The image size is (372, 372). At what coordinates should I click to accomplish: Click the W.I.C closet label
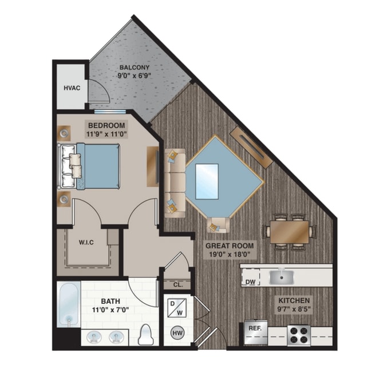[x=86, y=242]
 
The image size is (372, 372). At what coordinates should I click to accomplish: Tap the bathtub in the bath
[x=68, y=306]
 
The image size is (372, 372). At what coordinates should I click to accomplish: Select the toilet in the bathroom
[x=146, y=334]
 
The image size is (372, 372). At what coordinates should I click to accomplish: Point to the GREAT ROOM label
[x=230, y=245]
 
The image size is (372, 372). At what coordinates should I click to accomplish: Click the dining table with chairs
[x=290, y=232]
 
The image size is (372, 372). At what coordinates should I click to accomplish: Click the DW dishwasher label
[x=250, y=280]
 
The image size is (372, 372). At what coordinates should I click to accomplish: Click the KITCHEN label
[x=294, y=300]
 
